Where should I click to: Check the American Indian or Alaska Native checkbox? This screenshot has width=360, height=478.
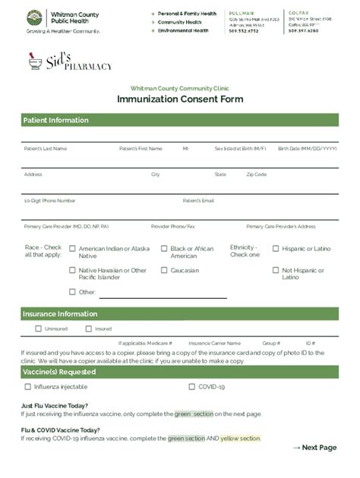73,249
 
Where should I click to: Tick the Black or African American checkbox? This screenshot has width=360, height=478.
164,249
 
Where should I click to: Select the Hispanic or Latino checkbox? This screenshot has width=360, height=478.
276,249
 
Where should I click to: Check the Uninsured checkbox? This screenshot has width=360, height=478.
39,329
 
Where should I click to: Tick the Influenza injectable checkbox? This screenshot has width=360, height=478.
28,387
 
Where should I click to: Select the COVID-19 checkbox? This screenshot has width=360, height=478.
192,387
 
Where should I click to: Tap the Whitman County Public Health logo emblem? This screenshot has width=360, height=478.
34,17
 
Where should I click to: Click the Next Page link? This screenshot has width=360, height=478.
314,448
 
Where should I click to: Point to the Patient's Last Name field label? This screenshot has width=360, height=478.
45,149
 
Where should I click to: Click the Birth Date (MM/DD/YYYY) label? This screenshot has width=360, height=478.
307,149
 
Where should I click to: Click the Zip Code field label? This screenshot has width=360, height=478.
256,175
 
